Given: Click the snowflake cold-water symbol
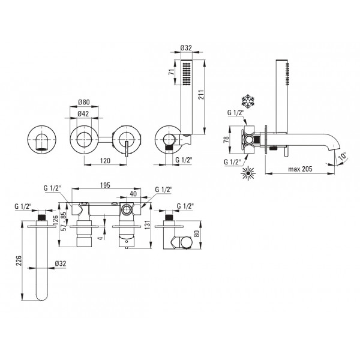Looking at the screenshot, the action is (248, 101).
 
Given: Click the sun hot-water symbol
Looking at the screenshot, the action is (248, 173).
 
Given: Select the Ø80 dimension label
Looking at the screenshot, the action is (84, 102).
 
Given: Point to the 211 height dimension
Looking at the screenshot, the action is (201, 95).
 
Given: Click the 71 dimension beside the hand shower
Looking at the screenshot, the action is (171, 71).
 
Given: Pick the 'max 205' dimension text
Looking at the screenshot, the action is (300, 169).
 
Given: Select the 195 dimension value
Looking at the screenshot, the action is (105, 185).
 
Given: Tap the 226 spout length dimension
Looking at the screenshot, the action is (19, 260).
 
